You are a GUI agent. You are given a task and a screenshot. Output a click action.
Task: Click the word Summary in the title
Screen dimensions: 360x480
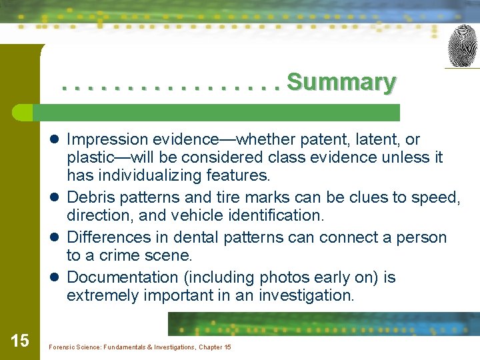point(341,83)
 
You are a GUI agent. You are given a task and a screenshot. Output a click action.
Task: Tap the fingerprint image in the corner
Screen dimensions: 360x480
point(462,45)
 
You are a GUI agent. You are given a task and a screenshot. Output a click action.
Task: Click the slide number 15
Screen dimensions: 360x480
point(20,341)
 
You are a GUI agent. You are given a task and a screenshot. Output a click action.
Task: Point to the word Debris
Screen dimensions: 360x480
point(90,197)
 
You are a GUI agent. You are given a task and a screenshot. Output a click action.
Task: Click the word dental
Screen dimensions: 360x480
point(195,237)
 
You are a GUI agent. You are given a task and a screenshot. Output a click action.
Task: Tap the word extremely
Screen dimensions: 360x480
point(99,295)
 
